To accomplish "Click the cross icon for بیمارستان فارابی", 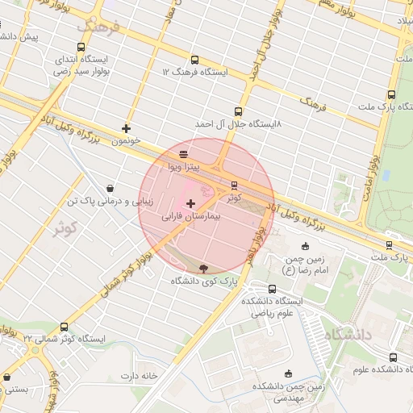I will (x=190, y=203).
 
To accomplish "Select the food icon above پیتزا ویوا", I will (x=183, y=153).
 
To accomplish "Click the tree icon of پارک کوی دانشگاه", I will (x=202, y=269).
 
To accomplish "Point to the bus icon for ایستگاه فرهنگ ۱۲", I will (x=194, y=60).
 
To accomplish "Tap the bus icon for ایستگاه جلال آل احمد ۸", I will (x=237, y=111).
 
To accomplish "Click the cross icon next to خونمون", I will (x=126, y=127).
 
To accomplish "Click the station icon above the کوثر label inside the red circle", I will (x=234, y=185).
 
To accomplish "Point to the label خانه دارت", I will (x=137, y=376).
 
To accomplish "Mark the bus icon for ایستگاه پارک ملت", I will (x=391, y=94).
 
